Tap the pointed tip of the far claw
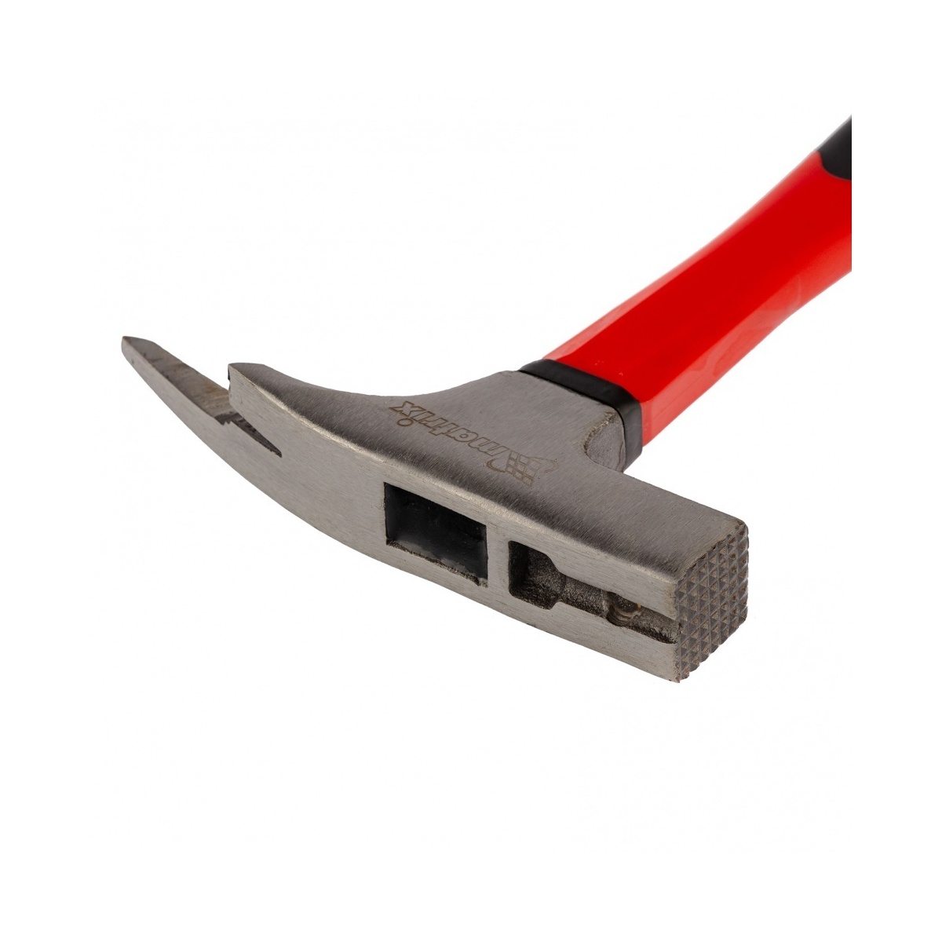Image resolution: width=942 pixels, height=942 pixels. (x=123, y=340)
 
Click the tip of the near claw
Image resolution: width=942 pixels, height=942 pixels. (x=232, y=367)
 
